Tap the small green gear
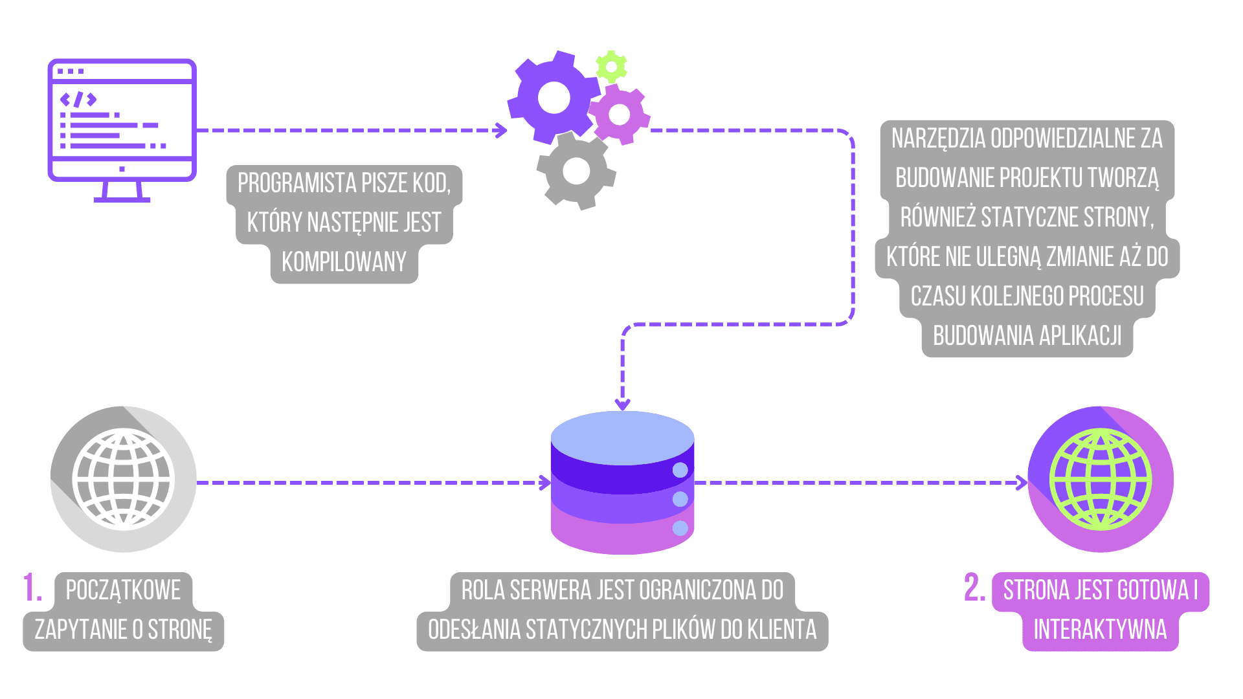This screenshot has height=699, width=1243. pyautogui.click(x=611, y=67)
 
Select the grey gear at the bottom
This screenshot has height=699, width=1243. pyautogui.click(x=576, y=172)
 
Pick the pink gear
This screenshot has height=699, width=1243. pyautogui.click(x=620, y=115)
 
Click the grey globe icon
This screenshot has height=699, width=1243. pyautogui.click(x=123, y=480)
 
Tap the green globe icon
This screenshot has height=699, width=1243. pyautogui.click(x=1101, y=480)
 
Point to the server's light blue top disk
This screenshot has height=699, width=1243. pyautogui.click(x=622, y=438)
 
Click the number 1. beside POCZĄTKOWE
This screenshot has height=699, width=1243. pyautogui.click(x=32, y=588)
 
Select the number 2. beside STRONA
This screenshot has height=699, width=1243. pyautogui.click(x=974, y=588)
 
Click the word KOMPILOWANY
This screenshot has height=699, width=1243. pyautogui.click(x=344, y=262)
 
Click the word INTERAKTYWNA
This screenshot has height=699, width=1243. pyautogui.click(x=1100, y=629)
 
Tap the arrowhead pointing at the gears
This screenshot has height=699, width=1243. pyautogui.click(x=501, y=130)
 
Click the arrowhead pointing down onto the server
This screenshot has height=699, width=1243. pyautogui.click(x=622, y=405)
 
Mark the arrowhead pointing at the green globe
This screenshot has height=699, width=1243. pyautogui.click(x=1022, y=483)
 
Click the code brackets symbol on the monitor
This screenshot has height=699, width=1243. pyautogui.click(x=78, y=99)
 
